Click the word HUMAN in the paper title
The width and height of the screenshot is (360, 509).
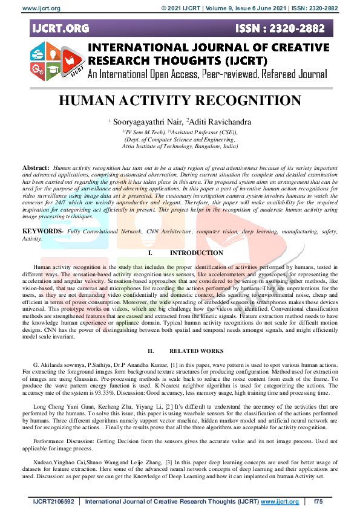90,101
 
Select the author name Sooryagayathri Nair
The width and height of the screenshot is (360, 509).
140,122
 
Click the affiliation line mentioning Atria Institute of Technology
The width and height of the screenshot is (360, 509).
180,146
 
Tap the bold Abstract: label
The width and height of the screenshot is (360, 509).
36,167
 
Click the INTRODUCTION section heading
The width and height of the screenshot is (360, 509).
196,253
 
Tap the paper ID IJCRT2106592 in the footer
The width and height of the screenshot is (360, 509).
52,502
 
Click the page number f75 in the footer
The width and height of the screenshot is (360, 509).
319,502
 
